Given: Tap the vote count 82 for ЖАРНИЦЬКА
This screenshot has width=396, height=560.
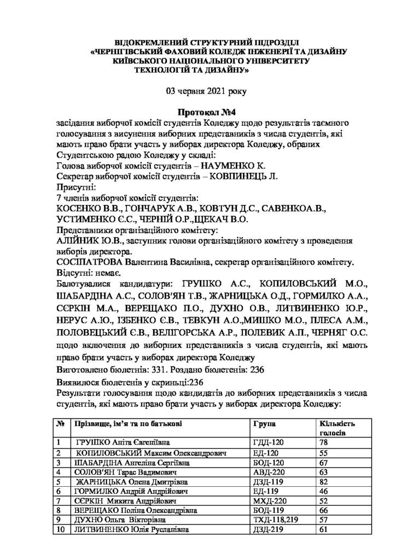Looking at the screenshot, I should (323, 481).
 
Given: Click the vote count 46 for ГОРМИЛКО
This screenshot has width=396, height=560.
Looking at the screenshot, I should (323, 491).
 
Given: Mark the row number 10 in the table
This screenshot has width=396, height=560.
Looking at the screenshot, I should (61, 530).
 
